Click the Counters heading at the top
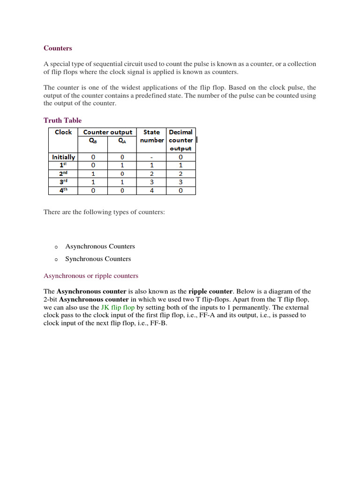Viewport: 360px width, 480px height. click(x=58, y=48)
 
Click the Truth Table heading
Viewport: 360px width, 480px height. click(x=62, y=120)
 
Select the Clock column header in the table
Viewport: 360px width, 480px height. click(x=63, y=132)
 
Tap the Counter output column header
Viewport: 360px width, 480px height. click(x=107, y=132)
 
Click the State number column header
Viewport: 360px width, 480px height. click(x=151, y=136)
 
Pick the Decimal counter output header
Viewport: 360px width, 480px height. click(x=181, y=140)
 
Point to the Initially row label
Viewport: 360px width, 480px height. click(x=63, y=157)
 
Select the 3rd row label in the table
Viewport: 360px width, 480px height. click(x=63, y=182)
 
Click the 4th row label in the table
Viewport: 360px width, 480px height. click(x=63, y=191)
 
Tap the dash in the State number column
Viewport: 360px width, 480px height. click(x=151, y=157)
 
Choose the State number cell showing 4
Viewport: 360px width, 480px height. click(x=151, y=191)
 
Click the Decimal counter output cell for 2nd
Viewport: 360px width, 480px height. click(x=181, y=174)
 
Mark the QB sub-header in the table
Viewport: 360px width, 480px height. click(x=93, y=140)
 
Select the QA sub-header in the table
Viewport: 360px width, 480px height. click(x=122, y=140)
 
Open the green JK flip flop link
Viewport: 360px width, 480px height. click(x=118, y=307)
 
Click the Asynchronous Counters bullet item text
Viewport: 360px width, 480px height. click(x=100, y=246)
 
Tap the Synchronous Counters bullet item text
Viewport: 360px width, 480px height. click(x=98, y=259)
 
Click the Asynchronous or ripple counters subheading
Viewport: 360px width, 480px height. click(x=91, y=276)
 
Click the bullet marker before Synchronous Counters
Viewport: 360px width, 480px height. click(x=55, y=259)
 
